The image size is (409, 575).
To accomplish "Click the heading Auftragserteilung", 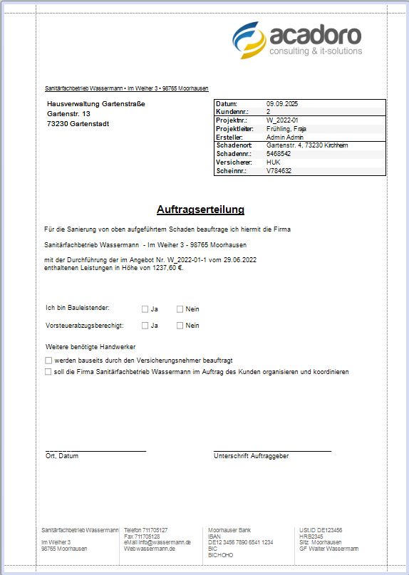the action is point(200,209).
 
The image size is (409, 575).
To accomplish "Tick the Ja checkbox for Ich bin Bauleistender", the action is point(145,309).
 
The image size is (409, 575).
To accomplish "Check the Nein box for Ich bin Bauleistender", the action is point(180,309).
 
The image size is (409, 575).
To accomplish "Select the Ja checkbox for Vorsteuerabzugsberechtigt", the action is point(145,326).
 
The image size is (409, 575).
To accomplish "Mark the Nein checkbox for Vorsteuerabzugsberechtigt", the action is point(180,326).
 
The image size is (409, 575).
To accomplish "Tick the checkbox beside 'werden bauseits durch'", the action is point(48,361).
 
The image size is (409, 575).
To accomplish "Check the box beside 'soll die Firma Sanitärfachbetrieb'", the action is point(48,372).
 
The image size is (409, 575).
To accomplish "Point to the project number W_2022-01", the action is point(282,120).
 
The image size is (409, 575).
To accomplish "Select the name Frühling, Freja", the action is point(286,129).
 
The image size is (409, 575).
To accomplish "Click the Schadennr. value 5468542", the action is point(279,153).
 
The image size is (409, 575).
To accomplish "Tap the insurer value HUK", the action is point(273,162).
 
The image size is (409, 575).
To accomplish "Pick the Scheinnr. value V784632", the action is point(279,170).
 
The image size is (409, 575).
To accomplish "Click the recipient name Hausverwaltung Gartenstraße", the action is point(95,104).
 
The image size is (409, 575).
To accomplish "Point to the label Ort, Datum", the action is point(61,456).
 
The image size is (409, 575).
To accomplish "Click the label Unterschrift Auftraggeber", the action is point(251,456).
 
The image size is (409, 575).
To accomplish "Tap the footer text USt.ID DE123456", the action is point(321,530).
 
